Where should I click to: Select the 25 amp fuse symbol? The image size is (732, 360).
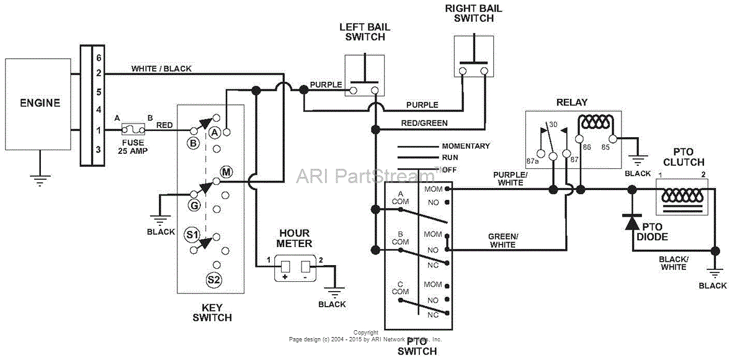(x=133, y=130)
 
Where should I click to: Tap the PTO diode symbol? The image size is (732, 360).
(x=632, y=223)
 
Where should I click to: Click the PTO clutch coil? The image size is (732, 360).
(x=682, y=194)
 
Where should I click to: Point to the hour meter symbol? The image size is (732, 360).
(x=296, y=268)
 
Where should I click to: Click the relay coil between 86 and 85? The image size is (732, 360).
(x=596, y=122)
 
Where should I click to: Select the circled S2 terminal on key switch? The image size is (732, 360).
(x=214, y=280)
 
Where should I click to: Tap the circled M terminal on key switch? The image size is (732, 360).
(x=226, y=173)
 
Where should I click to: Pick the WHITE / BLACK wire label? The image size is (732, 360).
(x=161, y=68)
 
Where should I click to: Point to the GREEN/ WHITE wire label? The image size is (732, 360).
(x=502, y=241)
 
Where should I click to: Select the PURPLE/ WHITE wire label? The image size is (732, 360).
(x=509, y=179)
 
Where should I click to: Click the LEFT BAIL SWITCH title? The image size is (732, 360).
(x=362, y=32)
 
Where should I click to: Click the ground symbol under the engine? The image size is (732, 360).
(x=40, y=179)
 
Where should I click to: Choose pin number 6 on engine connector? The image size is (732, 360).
(x=99, y=57)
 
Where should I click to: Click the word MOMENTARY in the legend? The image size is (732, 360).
(x=465, y=146)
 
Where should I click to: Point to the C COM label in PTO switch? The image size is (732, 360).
(x=401, y=289)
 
